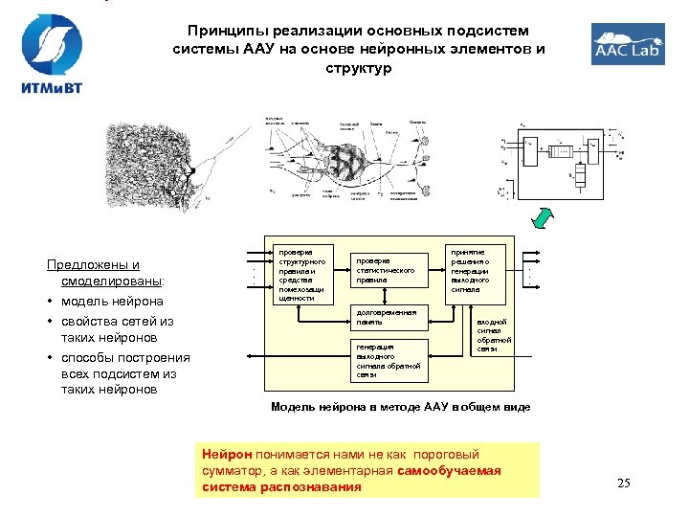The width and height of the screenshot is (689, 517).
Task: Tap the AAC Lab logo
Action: pyautogui.click(x=627, y=44)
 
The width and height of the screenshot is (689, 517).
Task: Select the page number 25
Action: pyautogui.click(x=623, y=483)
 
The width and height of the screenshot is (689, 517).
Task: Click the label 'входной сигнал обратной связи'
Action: pyautogui.click(x=495, y=335)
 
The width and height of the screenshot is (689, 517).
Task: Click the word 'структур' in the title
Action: pyautogui.click(x=358, y=69)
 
